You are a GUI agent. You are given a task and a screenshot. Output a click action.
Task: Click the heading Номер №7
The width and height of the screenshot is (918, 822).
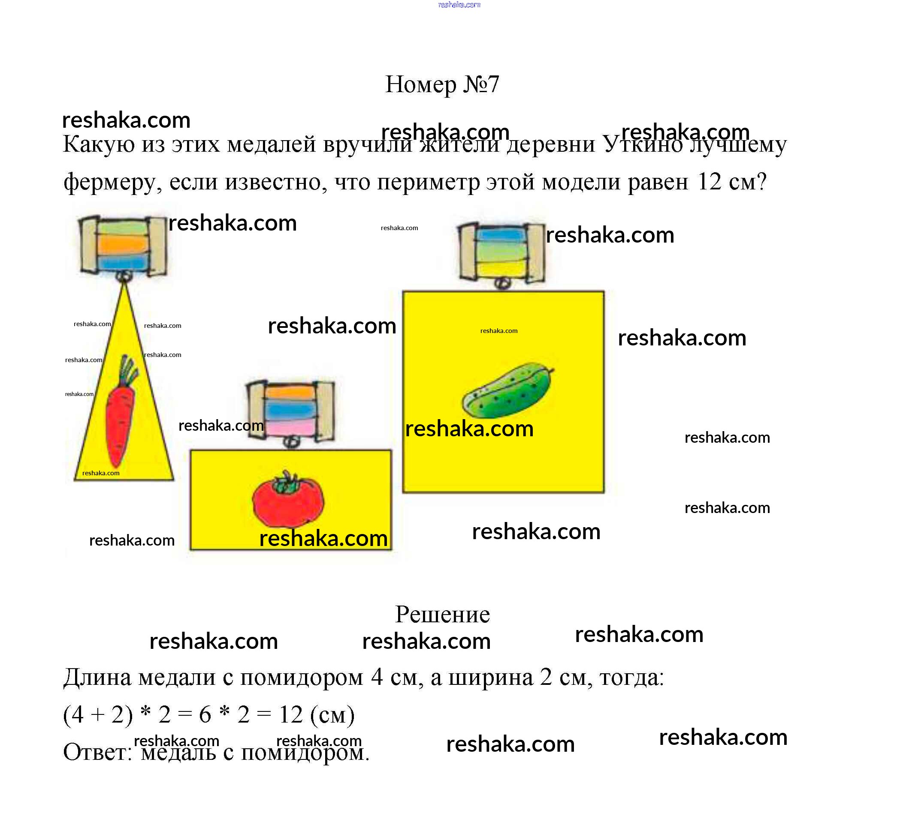[x=441, y=84]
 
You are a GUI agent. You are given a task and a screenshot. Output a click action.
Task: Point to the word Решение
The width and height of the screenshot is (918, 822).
[x=442, y=614]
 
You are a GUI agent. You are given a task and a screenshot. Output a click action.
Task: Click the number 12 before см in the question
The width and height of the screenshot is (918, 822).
[x=709, y=181]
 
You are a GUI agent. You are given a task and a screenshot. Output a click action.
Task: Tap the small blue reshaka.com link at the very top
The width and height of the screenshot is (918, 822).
[x=459, y=5]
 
